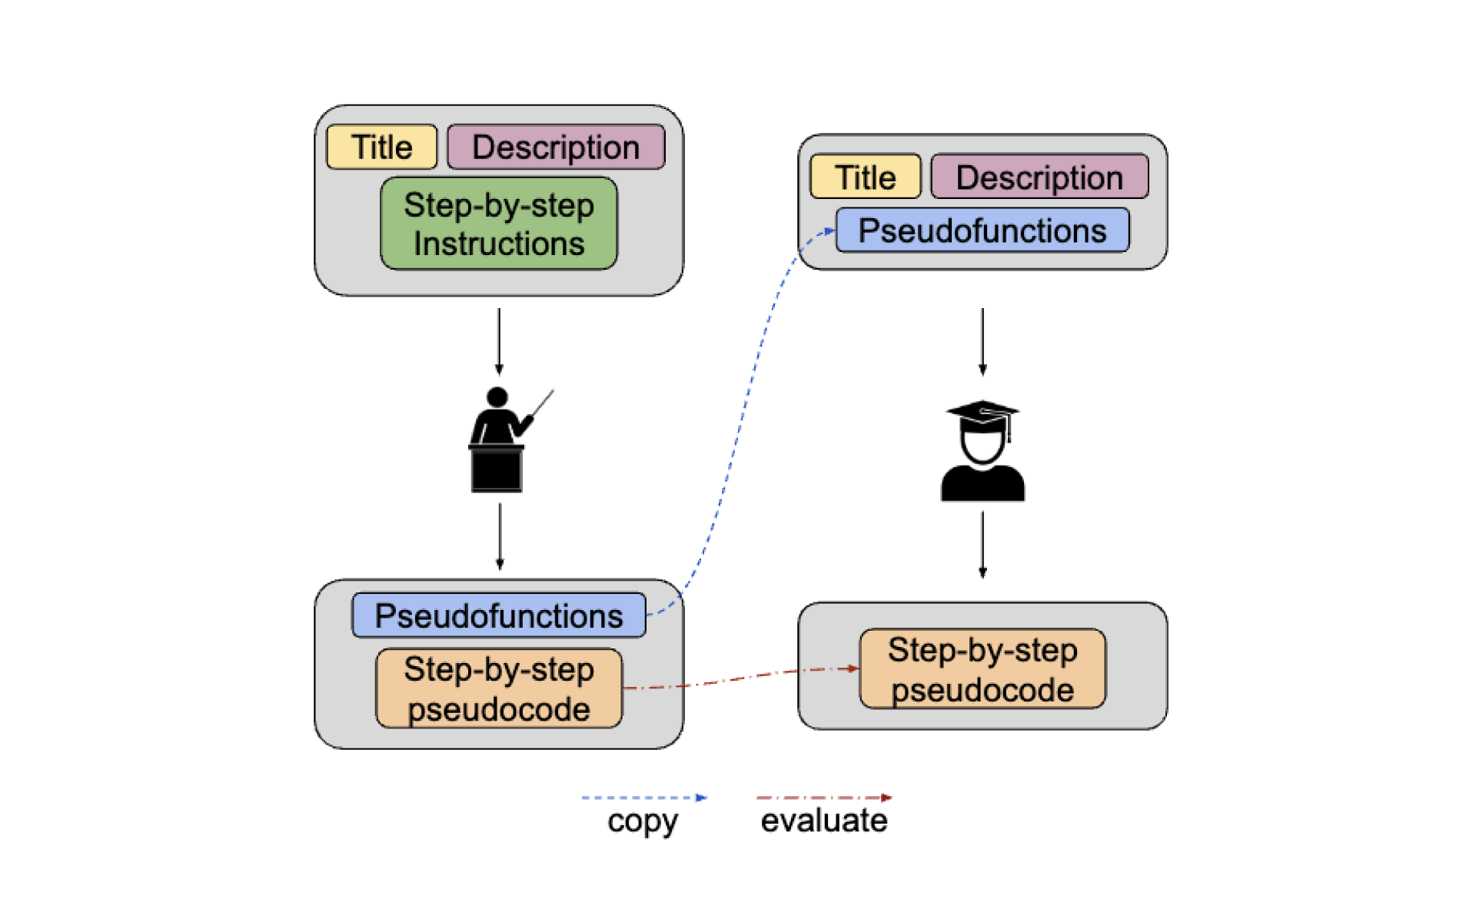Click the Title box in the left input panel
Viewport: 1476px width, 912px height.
click(381, 147)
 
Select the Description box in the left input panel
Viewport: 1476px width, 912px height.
click(556, 147)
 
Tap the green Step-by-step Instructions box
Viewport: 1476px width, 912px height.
click(499, 224)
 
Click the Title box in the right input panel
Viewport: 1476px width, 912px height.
click(865, 177)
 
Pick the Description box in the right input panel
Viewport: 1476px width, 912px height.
click(1039, 177)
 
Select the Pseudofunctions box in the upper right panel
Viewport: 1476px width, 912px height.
click(982, 230)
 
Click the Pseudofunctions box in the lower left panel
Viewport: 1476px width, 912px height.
click(499, 615)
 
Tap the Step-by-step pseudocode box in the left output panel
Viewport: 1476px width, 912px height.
click(499, 688)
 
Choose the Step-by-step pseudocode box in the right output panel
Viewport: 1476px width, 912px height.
click(982, 669)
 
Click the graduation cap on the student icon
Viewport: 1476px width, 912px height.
click(982, 413)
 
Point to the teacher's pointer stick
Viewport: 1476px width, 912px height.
click(544, 402)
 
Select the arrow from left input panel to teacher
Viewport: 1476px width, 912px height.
click(499, 341)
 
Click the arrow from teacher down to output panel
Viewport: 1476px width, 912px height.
click(500, 536)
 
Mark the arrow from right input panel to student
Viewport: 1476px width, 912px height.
click(982, 341)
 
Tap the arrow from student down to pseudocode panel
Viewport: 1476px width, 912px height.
click(982, 545)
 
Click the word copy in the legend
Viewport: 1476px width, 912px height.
click(643, 821)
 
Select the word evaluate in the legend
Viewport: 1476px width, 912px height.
click(824, 821)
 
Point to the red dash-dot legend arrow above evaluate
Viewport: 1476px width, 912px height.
click(824, 798)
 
